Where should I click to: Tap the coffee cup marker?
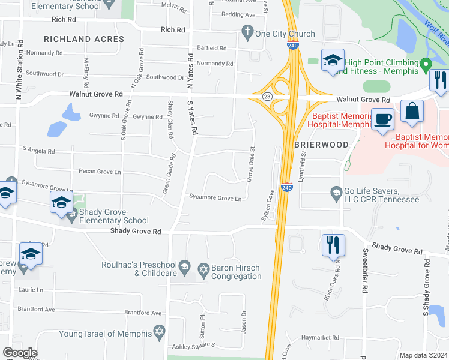382,118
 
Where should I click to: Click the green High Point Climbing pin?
426,64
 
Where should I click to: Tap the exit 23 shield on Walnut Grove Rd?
267,96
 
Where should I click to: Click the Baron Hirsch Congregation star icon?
203,268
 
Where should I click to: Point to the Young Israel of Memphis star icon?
159,331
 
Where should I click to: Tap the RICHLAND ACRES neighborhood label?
84,39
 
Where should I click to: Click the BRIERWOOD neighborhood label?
321,145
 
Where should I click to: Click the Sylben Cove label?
268,206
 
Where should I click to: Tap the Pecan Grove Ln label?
100,172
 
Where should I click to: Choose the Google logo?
20,353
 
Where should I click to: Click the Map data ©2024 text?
423,355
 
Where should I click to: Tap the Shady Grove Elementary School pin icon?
72,216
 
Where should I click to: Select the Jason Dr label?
244,322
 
